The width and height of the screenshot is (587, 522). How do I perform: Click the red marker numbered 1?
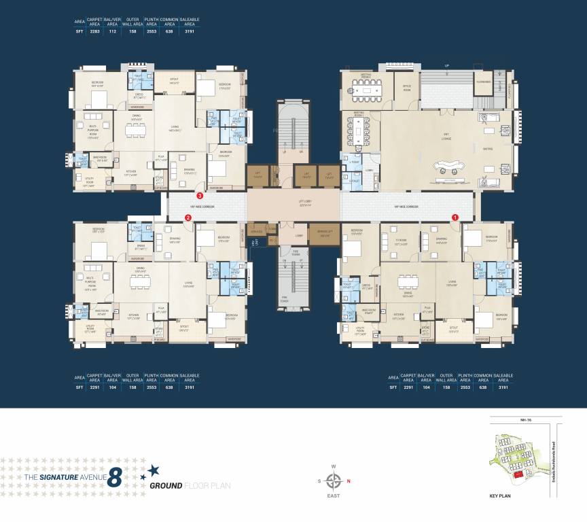point(455,217)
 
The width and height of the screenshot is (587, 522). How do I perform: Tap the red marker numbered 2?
point(188,218)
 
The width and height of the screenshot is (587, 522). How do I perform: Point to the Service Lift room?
point(324,233)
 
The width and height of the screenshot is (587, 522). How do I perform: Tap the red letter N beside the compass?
point(349,482)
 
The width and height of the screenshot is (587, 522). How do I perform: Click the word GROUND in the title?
point(166,485)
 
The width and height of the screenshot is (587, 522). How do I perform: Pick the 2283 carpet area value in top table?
point(95,31)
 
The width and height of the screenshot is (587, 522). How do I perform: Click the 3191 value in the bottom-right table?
point(503,387)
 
